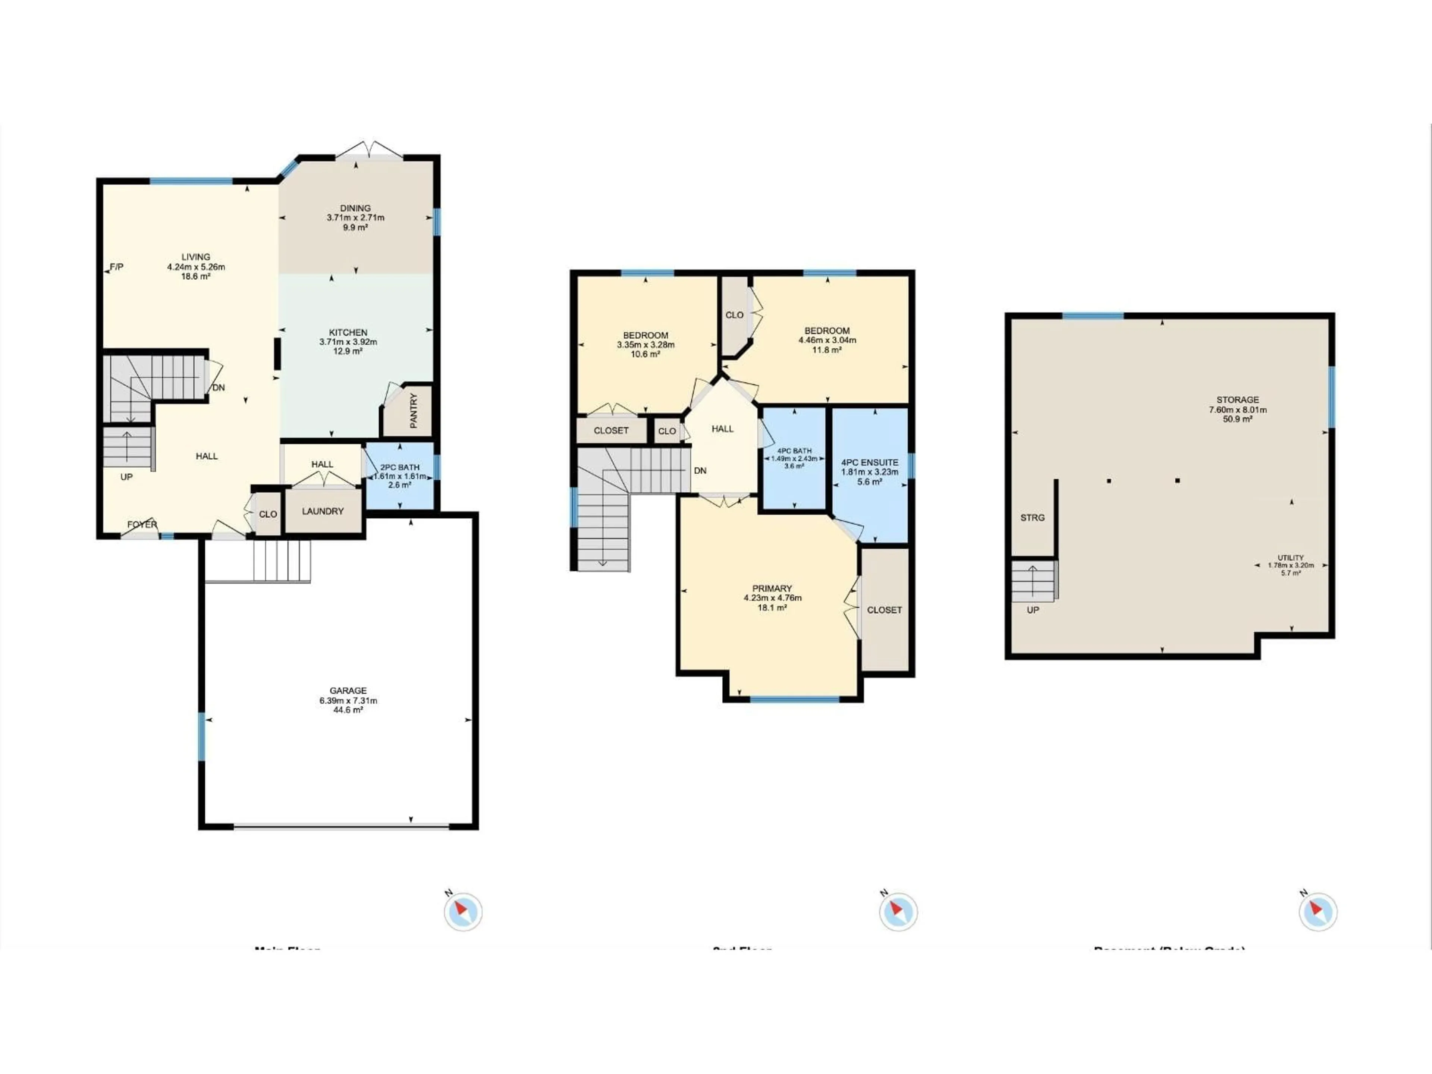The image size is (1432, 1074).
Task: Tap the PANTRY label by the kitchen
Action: pos(414,411)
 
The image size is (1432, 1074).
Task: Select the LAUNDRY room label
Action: pos(323,511)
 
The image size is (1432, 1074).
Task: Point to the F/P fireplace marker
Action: pos(116,267)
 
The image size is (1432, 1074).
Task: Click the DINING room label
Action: pos(355,208)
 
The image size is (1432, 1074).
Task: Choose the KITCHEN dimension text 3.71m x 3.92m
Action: pos(348,342)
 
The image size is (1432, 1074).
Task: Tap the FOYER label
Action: pos(142,524)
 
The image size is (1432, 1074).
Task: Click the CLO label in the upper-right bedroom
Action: pos(734,315)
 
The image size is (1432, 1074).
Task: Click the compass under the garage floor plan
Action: pos(463,911)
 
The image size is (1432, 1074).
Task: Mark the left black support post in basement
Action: pos(1109,481)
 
